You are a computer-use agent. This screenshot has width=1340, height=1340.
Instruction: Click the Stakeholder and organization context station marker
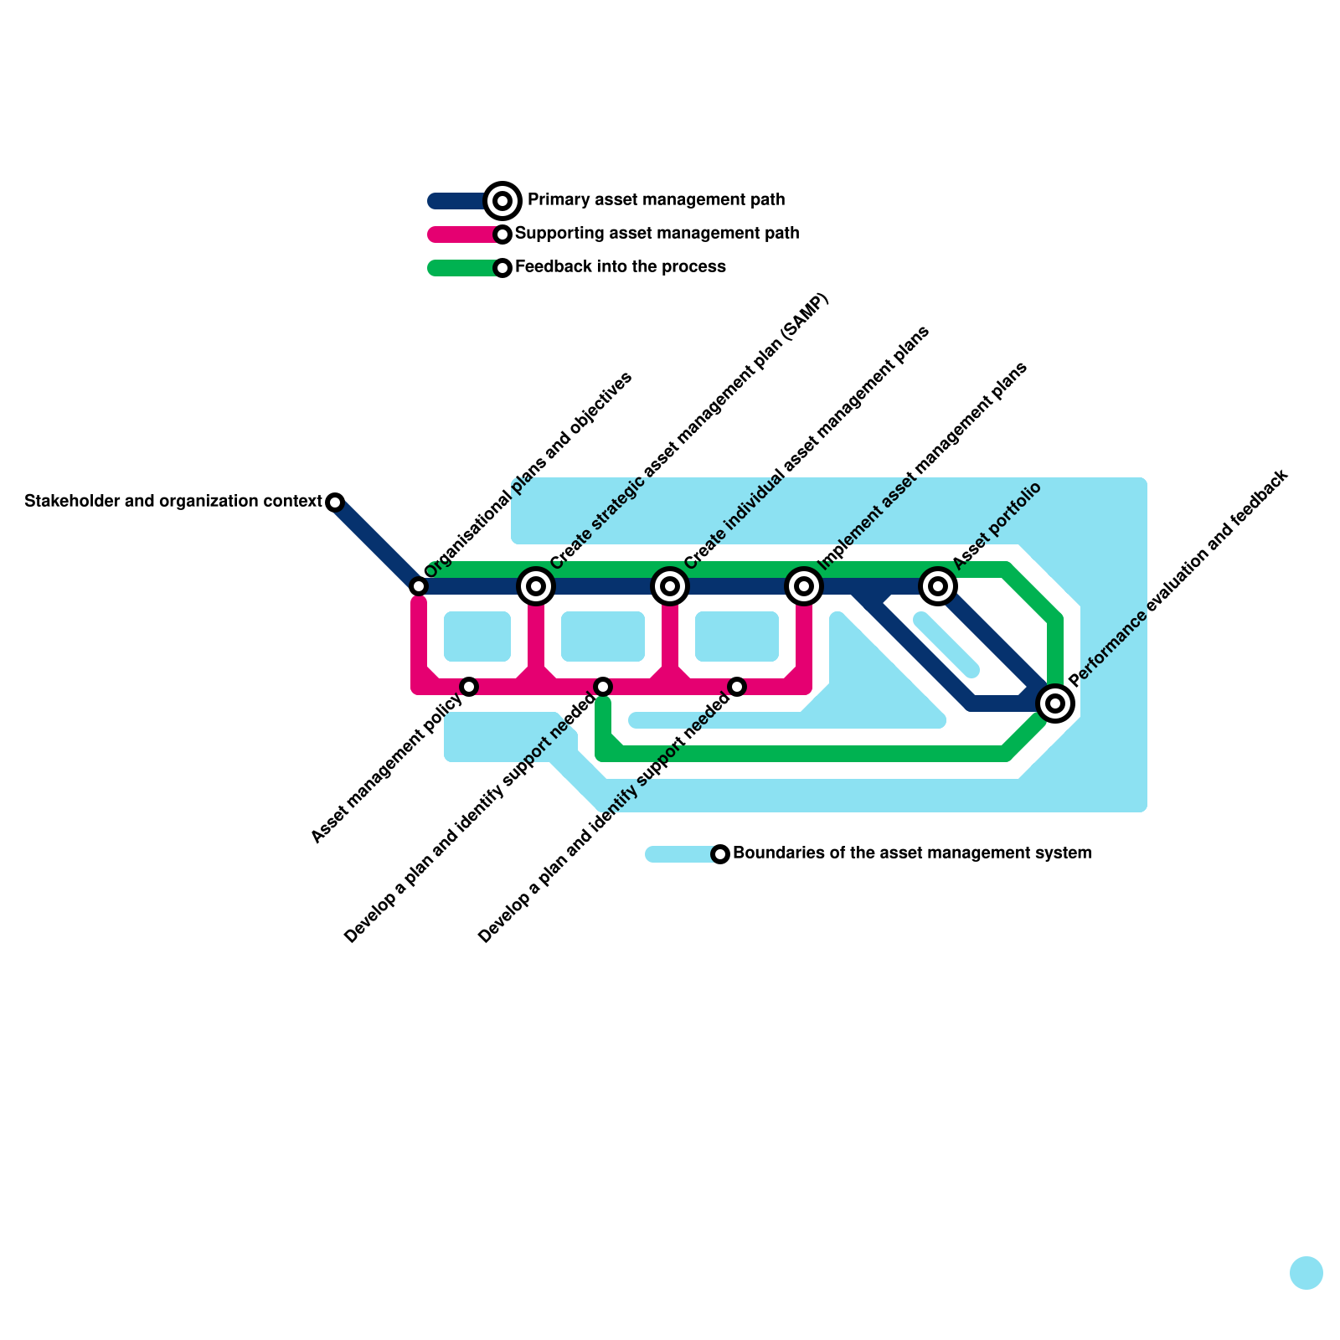[x=335, y=502]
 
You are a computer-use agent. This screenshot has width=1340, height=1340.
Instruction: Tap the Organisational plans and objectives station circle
[x=419, y=586]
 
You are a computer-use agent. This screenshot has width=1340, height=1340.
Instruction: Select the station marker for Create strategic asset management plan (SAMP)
[x=536, y=586]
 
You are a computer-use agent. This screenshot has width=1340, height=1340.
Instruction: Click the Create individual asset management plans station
[x=670, y=586]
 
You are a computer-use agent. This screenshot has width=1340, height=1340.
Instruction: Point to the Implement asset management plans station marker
[x=804, y=586]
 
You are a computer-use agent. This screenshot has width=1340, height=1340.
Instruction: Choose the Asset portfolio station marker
[x=938, y=586]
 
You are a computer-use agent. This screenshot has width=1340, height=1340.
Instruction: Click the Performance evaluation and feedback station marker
[x=1055, y=703]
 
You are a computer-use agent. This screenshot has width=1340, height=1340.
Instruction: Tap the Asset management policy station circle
[x=469, y=687]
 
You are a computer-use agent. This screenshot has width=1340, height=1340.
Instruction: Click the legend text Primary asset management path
[x=656, y=200]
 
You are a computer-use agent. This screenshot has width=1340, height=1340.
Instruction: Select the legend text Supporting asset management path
[x=657, y=234]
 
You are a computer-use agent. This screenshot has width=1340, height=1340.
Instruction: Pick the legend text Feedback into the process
[x=620, y=267]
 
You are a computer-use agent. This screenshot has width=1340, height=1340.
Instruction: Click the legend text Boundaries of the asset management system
[x=911, y=853]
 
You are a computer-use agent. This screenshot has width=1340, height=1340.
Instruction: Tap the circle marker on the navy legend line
[x=502, y=201]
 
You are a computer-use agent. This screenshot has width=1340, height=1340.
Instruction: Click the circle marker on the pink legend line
[x=502, y=234]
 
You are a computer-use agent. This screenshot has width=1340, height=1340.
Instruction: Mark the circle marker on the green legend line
[x=502, y=268]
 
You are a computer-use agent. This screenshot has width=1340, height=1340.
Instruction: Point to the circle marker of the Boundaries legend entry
[x=720, y=854]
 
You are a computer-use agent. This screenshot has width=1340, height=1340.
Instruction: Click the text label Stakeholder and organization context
[x=173, y=502]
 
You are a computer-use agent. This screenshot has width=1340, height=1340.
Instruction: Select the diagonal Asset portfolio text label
[x=997, y=528]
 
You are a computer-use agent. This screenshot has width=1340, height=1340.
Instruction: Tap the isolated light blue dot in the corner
[x=1306, y=1273]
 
